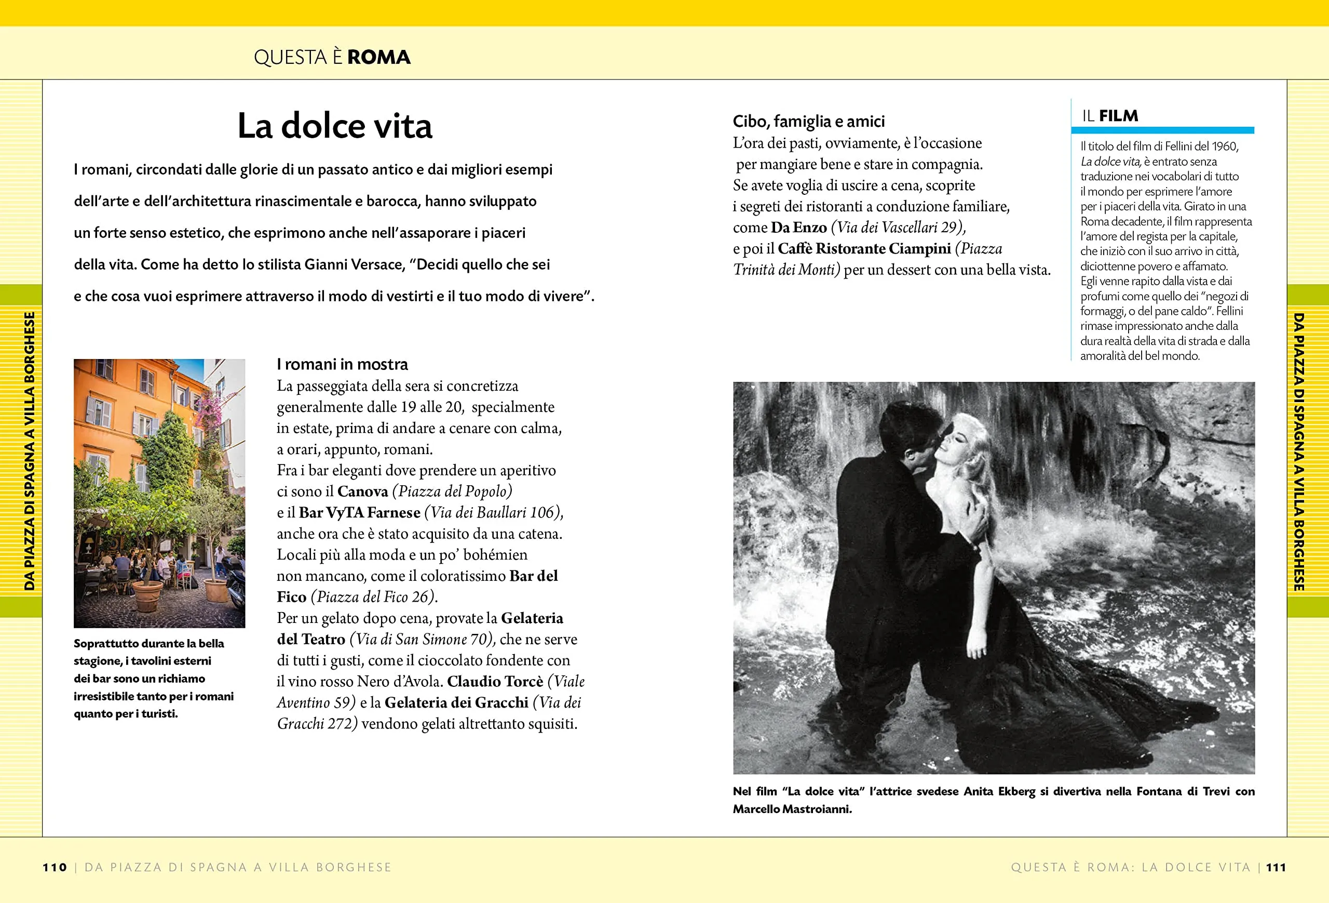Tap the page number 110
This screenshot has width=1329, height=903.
click(55, 867)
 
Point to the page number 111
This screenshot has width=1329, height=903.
click(1276, 867)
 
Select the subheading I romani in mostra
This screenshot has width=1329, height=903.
click(342, 365)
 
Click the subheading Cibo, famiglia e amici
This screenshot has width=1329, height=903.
click(809, 121)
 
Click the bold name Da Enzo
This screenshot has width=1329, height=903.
click(798, 227)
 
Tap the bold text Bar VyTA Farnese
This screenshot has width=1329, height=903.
click(359, 512)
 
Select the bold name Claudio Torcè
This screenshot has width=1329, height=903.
click(495, 681)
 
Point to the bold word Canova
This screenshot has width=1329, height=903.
click(362, 491)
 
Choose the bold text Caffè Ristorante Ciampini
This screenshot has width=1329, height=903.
click(864, 248)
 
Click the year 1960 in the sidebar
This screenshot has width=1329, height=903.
click(1224, 147)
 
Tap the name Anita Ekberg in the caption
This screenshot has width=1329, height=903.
click(999, 791)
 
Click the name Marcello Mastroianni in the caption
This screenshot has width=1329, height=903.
click(792, 809)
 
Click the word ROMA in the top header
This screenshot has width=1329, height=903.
click(378, 57)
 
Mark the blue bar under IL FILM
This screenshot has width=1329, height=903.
click(1162, 130)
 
